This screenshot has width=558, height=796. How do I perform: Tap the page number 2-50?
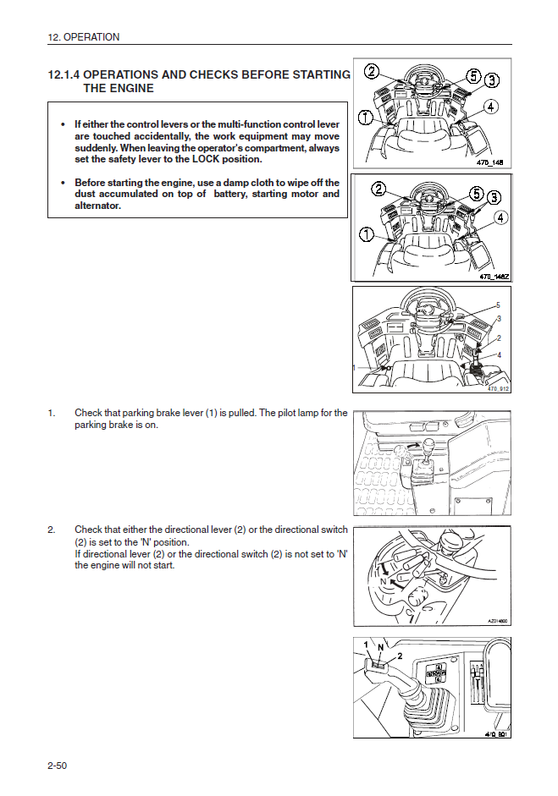[x=58, y=766]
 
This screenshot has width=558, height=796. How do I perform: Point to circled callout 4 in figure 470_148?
[x=492, y=107]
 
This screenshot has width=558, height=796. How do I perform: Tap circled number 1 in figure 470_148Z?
[x=367, y=233]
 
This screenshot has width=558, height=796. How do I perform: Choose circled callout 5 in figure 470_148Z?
[x=476, y=192]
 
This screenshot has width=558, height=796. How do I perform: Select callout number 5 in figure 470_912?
[x=498, y=305]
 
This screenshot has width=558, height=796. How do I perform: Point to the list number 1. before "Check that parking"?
[x=52, y=414]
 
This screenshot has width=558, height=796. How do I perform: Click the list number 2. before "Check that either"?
[x=52, y=530]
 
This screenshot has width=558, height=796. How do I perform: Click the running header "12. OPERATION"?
[x=84, y=37]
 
